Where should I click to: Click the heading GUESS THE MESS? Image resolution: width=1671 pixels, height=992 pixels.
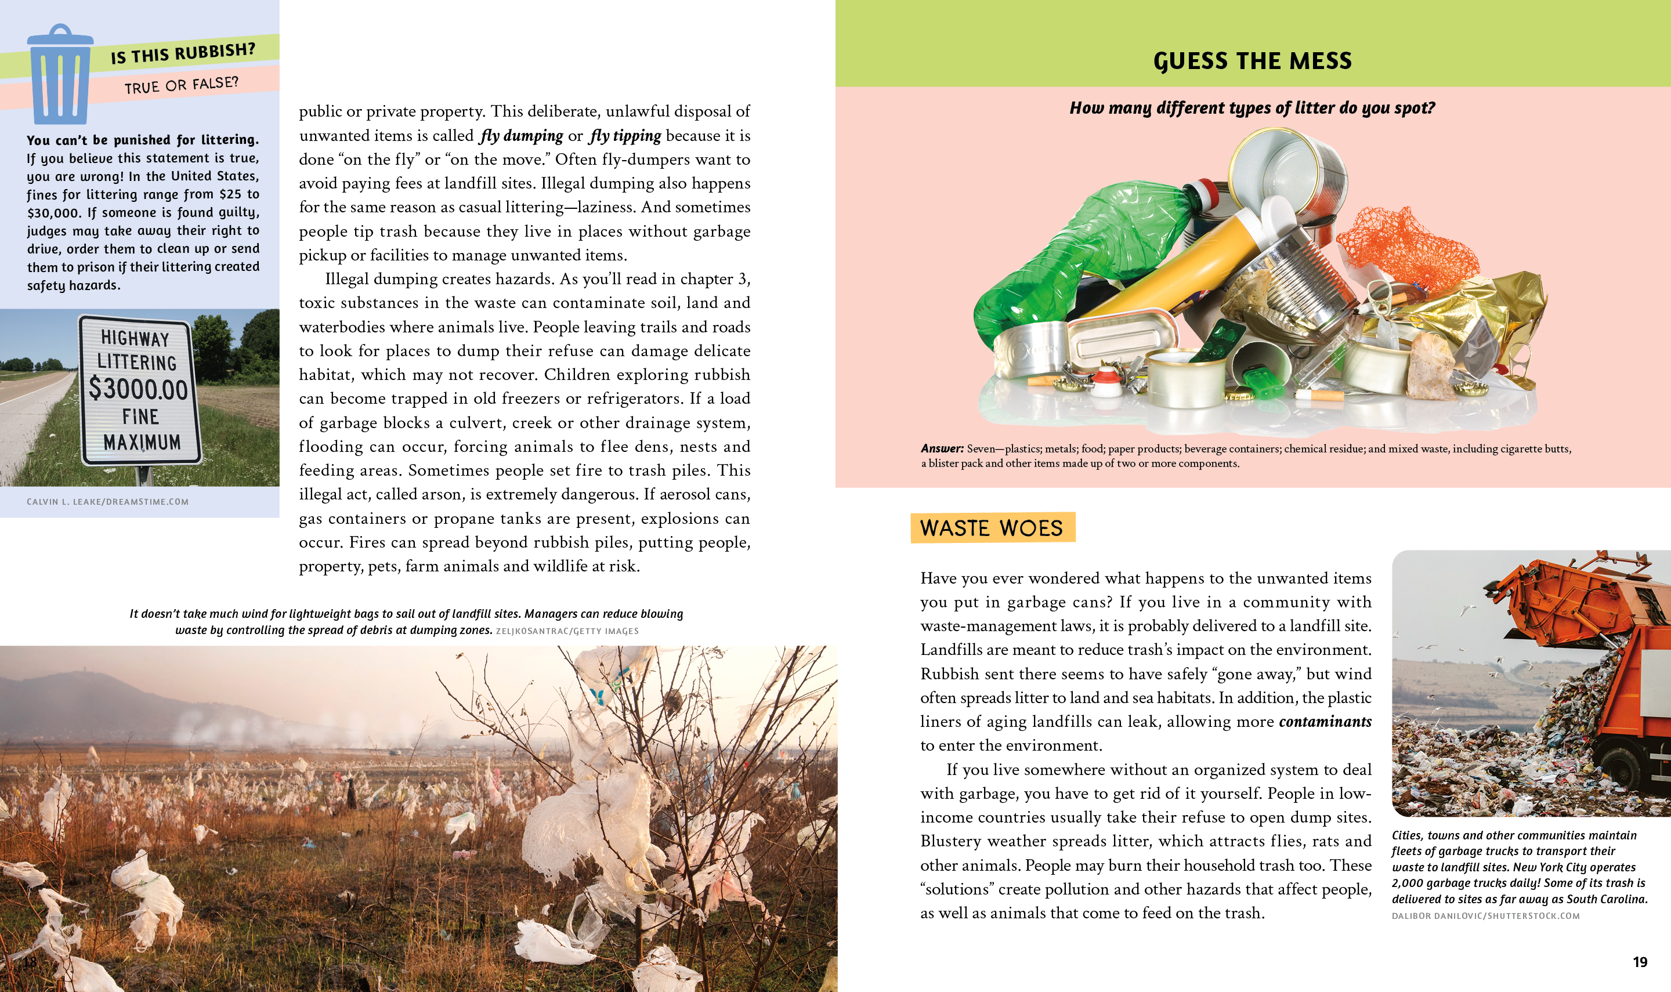(x=1252, y=61)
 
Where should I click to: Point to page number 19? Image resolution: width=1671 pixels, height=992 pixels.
(x=1640, y=962)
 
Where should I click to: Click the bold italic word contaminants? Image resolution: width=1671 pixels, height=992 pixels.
(x=1325, y=722)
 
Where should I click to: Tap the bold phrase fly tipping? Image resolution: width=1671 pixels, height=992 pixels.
(x=625, y=136)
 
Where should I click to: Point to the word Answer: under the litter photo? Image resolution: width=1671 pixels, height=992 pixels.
(x=942, y=448)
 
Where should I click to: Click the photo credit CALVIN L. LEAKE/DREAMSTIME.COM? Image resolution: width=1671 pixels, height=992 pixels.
(x=107, y=502)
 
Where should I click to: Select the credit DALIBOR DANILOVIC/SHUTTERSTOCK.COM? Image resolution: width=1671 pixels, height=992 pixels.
(x=1485, y=916)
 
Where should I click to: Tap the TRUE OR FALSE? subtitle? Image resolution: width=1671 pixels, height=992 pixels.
(x=181, y=85)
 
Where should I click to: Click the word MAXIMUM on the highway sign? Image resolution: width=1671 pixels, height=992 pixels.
(x=142, y=443)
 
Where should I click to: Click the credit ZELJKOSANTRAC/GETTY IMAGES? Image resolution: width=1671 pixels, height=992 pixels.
(x=567, y=631)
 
